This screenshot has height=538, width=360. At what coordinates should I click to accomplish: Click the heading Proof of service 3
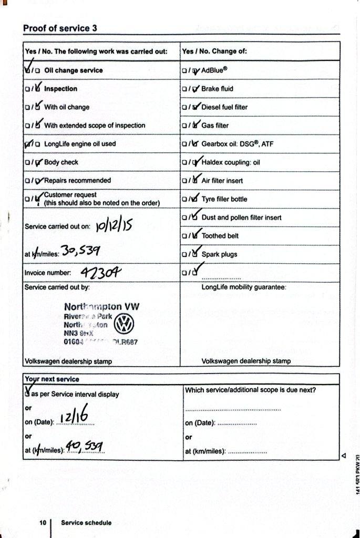[60, 28]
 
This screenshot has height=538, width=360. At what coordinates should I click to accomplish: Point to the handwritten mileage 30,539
[80, 252]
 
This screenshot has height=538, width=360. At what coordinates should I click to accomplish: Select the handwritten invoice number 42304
[101, 273]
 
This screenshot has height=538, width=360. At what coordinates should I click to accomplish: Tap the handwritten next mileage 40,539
[84, 448]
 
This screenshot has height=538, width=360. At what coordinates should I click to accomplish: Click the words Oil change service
[74, 70]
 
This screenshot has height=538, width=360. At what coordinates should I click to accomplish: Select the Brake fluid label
[217, 89]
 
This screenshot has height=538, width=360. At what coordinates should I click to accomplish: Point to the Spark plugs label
[219, 254]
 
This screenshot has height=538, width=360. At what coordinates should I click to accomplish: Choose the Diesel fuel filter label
[224, 107]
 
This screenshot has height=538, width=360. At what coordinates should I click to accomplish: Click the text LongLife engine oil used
[80, 143]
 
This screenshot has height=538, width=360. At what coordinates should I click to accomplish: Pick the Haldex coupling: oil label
[231, 162]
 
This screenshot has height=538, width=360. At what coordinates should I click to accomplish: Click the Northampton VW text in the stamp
[102, 306]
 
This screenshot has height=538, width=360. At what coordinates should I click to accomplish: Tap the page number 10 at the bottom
[43, 523]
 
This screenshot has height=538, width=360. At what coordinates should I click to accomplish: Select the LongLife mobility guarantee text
[243, 287]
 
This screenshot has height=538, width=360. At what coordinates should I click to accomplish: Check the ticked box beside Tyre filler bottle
[194, 199]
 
